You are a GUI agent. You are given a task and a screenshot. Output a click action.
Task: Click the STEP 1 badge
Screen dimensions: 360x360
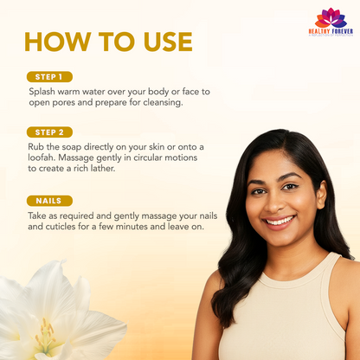(49, 77)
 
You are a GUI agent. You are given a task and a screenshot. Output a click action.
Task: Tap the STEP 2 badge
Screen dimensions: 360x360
(49, 132)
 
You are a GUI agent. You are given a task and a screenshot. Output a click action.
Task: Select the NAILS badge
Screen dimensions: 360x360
(49, 201)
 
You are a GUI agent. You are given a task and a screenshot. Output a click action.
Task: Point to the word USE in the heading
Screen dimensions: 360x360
(168, 42)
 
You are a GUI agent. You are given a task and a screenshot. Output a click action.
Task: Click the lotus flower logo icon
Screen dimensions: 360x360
(331, 18)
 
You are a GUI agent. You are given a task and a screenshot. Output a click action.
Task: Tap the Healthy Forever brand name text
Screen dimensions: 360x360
(331, 31)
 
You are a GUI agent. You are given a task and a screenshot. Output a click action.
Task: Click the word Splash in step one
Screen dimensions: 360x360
(42, 92)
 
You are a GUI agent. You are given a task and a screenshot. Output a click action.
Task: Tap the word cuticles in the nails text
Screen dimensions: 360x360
(60, 227)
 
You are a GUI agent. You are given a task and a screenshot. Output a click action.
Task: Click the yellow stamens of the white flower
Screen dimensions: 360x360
(46, 335)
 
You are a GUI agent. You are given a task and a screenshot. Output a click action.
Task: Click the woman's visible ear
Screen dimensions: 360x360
(321, 195)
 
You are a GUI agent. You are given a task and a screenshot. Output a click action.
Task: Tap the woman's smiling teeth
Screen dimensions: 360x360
(280, 222)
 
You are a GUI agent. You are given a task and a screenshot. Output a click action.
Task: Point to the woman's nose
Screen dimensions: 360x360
(273, 202)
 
